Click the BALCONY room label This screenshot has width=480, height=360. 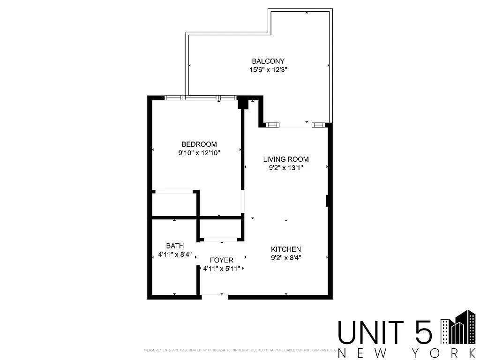point(268,61)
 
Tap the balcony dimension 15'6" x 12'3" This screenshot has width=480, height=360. point(268,70)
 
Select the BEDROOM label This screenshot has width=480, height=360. point(199,144)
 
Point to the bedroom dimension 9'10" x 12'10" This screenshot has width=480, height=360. point(199,152)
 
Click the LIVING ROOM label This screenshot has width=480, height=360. point(286,159)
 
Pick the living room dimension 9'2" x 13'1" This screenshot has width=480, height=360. point(286,167)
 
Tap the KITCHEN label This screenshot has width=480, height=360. point(286,249)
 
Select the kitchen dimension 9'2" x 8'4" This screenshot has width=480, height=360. point(286,257)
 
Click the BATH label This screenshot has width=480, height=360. point(175,246)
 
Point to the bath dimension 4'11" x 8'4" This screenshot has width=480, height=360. point(175,255)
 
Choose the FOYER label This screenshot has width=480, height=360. point(222,260)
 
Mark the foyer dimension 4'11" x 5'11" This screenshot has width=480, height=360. point(222,269)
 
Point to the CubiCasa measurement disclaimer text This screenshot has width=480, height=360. point(239,350)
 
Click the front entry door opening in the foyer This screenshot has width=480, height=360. point(214,295)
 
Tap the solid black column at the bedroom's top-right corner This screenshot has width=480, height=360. point(243,103)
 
